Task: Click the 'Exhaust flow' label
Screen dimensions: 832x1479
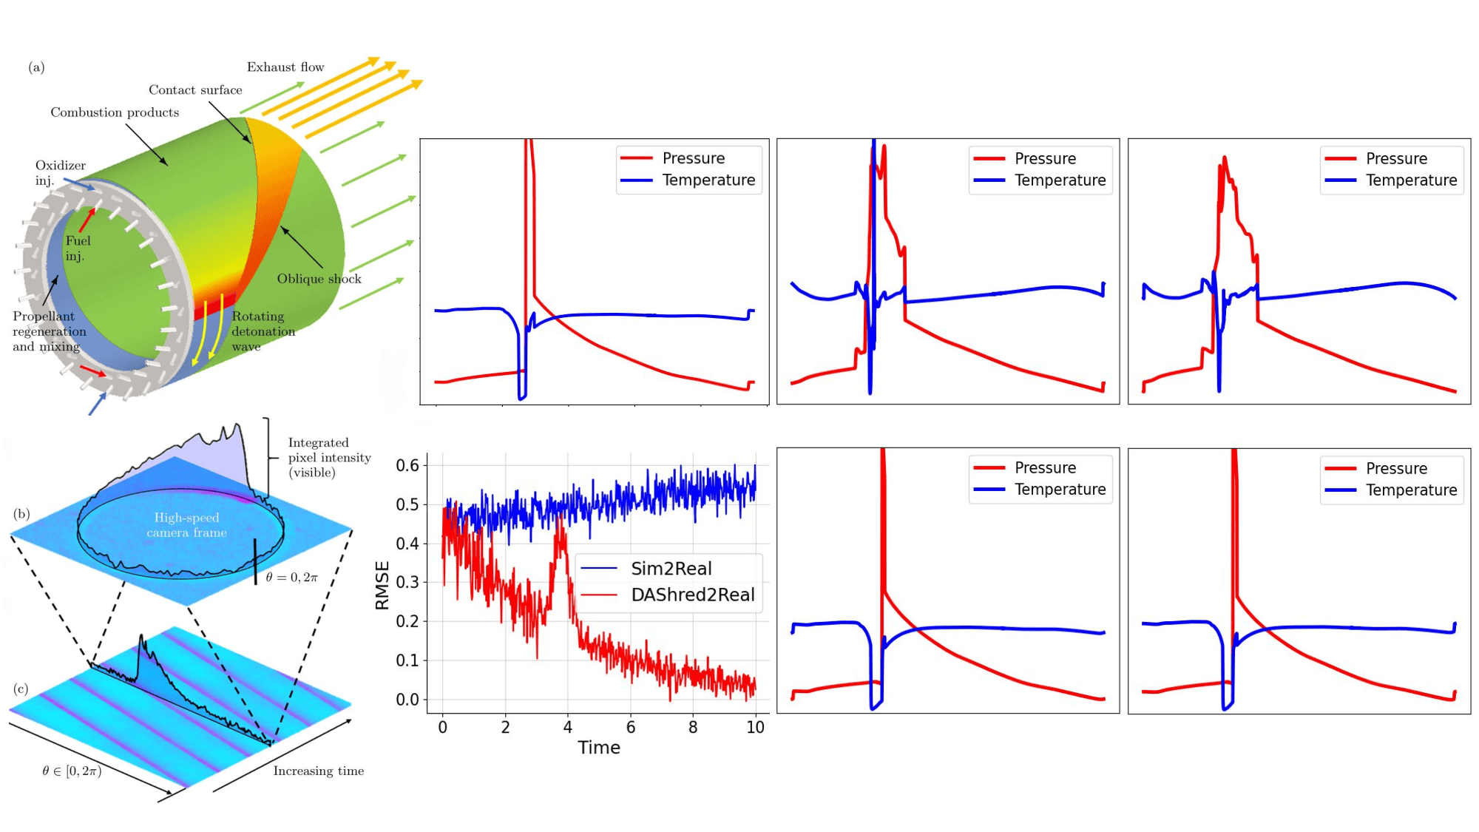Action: tap(285, 67)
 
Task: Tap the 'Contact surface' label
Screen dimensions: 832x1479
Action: tap(195, 90)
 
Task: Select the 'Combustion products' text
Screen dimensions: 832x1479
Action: tap(115, 112)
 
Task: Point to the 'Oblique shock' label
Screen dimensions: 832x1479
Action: tap(319, 279)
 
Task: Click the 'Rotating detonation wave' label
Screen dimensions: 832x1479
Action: tap(263, 331)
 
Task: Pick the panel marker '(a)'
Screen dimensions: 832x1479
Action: tap(36, 67)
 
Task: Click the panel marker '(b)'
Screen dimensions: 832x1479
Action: tap(21, 514)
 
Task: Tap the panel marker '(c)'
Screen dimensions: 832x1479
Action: tap(21, 689)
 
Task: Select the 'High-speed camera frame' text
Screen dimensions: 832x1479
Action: tap(186, 525)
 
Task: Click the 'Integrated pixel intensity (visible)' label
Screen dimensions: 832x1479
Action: tap(329, 458)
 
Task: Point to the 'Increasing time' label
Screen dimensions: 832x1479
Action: tap(319, 771)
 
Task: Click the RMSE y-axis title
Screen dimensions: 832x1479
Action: tap(382, 586)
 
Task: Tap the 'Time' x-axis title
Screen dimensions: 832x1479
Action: tap(599, 748)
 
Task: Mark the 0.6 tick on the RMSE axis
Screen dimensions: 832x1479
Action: tap(407, 466)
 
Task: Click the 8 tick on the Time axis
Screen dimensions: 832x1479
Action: tap(693, 728)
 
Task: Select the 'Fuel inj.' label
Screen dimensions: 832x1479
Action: tap(77, 248)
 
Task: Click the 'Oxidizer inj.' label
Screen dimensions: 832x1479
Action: tap(60, 173)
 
